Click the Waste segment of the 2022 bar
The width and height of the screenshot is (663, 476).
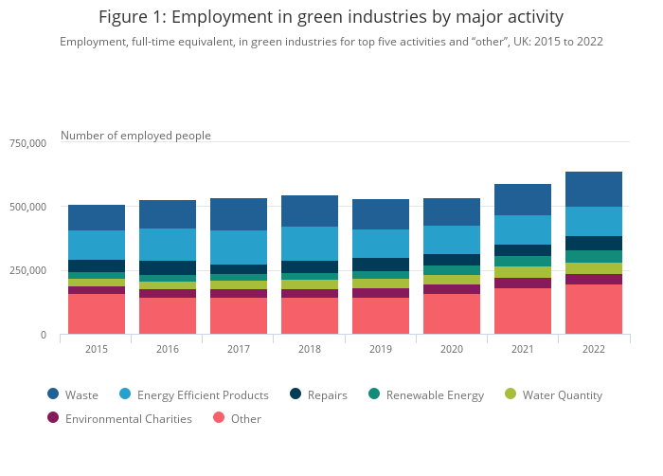pos(594,189)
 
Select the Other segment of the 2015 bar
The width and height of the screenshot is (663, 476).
pos(97,314)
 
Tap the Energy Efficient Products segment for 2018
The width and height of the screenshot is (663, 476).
pos(310,244)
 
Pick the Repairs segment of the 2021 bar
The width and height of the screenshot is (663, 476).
pos(523,250)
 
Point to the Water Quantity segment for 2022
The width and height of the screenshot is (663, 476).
pos(594,268)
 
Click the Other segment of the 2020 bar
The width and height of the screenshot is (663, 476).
pos(452,314)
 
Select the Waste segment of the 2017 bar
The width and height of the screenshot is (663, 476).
pos(239,214)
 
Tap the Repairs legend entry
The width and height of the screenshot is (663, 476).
pos(318,394)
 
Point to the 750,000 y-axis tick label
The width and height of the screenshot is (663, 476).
pos(27,143)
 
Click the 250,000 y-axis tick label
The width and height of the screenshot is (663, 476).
pos(27,271)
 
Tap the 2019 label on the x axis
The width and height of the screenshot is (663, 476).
pos(381,349)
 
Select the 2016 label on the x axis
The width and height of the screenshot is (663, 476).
pos(168,349)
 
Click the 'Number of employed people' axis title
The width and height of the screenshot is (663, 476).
pos(135,136)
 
